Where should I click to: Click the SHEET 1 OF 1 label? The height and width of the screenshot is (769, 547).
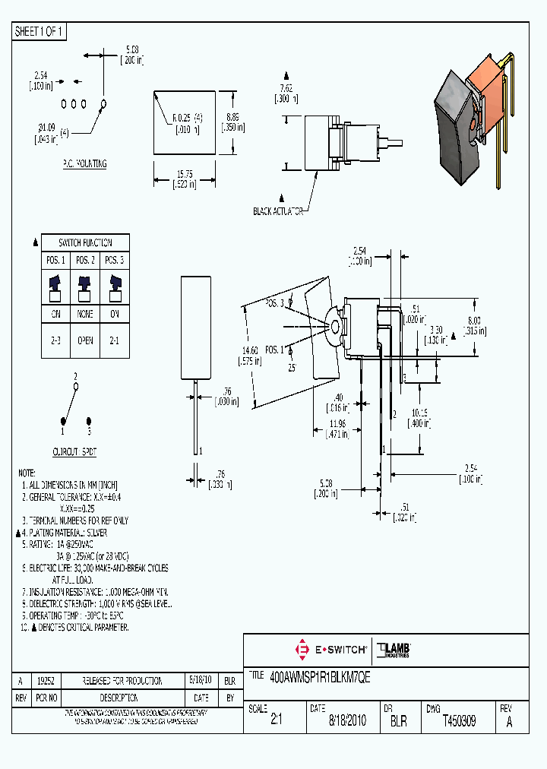[40, 32]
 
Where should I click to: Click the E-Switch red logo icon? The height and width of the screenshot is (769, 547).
[302, 650]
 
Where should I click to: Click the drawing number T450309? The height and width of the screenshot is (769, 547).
[458, 721]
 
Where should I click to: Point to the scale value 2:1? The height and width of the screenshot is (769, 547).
[276, 721]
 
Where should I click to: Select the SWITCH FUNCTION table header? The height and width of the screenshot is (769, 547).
[85, 242]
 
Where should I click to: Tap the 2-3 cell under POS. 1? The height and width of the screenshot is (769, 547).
[55, 341]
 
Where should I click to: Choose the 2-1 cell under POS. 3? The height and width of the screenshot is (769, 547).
[115, 341]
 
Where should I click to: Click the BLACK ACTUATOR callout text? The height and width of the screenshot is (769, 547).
[278, 211]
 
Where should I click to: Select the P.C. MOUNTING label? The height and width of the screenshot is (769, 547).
[84, 163]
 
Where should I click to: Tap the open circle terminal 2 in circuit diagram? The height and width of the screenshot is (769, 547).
[75, 387]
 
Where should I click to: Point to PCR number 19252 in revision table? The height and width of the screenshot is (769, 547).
[46, 682]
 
